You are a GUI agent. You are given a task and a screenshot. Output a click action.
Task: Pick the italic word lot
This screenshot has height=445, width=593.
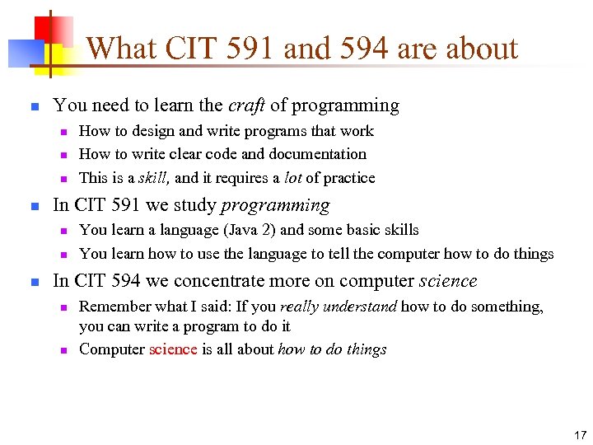tap(290, 178)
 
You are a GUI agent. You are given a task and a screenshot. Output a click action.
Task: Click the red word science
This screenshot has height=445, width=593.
tap(173, 349)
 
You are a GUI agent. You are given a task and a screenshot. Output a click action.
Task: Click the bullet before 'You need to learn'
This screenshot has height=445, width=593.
tap(33, 106)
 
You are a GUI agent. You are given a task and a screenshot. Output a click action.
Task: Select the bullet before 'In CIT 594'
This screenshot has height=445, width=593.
tap(33, 282)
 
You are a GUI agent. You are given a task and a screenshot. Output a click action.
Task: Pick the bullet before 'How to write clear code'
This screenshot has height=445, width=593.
tap(62, 154)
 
